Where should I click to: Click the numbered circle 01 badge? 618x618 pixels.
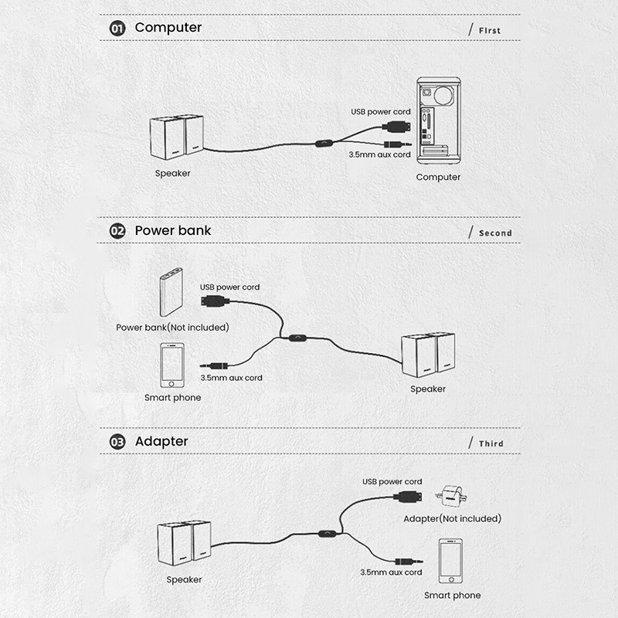pyautogui.click(x=117, y=29)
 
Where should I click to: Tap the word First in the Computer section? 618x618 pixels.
pyautogui.click(x=488, y=31)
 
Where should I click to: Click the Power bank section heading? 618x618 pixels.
pyautogui.click(x=172, y=230)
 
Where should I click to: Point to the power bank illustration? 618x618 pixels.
pyautogui.click(x=171, y=292)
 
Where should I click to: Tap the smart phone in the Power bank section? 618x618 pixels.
pyautogui.click(x=172, y=366)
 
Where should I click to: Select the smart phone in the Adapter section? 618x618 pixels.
pyautogui.click(x=452, y=562)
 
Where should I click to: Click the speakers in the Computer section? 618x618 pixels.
pyautogui.click(x=176, y=139)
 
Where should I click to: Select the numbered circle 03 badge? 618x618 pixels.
pyautogui.click(x=117, y=443)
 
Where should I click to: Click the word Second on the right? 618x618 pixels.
pyautogui.click(x=495, y=233)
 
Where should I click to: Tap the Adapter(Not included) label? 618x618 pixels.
pyautogui.click(x=452, y=518)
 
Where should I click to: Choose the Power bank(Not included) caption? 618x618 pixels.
pyautogui.click(x=172, y=328)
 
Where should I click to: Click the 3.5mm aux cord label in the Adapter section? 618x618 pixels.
pyautogui.click(x=391, y=572)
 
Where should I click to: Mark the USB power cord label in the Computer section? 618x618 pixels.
pyautogui.click(x=381, y=112)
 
